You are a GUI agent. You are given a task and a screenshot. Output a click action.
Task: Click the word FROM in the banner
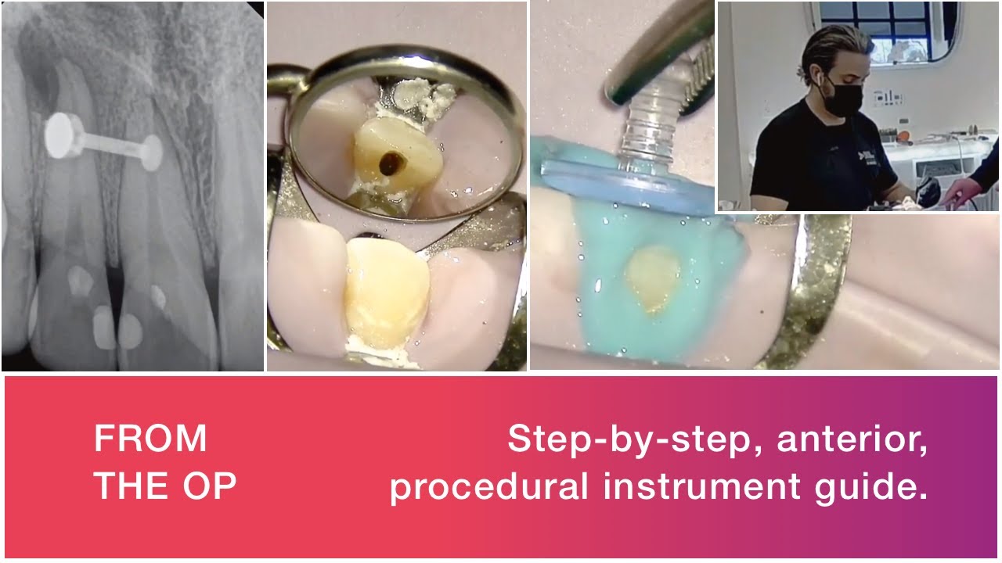pyautogui.click(x=150, y=439)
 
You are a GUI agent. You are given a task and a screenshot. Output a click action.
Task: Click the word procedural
pyautogui.click(x=489, y=487)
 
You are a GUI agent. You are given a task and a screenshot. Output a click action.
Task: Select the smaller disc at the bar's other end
pyautogui.click(x=150, y=152)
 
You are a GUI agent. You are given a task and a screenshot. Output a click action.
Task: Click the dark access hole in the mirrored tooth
pyautogui.click(x=387, y=163)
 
